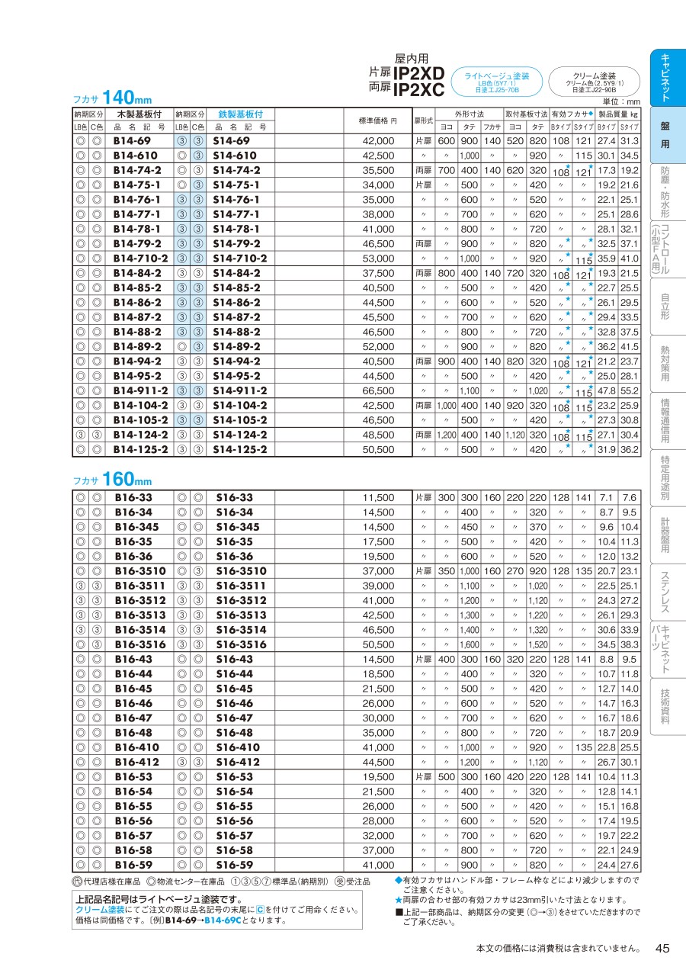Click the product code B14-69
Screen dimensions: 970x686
pyautogui.click(x=132, y=141)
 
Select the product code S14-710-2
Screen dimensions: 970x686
pyautogui.click(x=240, y=259)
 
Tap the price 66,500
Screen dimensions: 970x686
pyautogui.click(x=378, y=390)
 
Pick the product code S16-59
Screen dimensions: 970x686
pyautogui.click(x=234, y=865)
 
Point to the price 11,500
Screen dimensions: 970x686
pyautogui.click(x=378, y=498)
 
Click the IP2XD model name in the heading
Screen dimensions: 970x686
pyautogui.click(x=418, y=72)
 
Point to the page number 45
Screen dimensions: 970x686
pyautogui.click(x=662, y=948)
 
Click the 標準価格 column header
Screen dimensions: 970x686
pyautogui.click(x=378, y=120)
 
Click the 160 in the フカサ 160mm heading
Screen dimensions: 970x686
pyautogui.click(x=118, y=479)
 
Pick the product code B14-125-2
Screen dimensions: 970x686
pyautogui.click(x=140, y=449)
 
